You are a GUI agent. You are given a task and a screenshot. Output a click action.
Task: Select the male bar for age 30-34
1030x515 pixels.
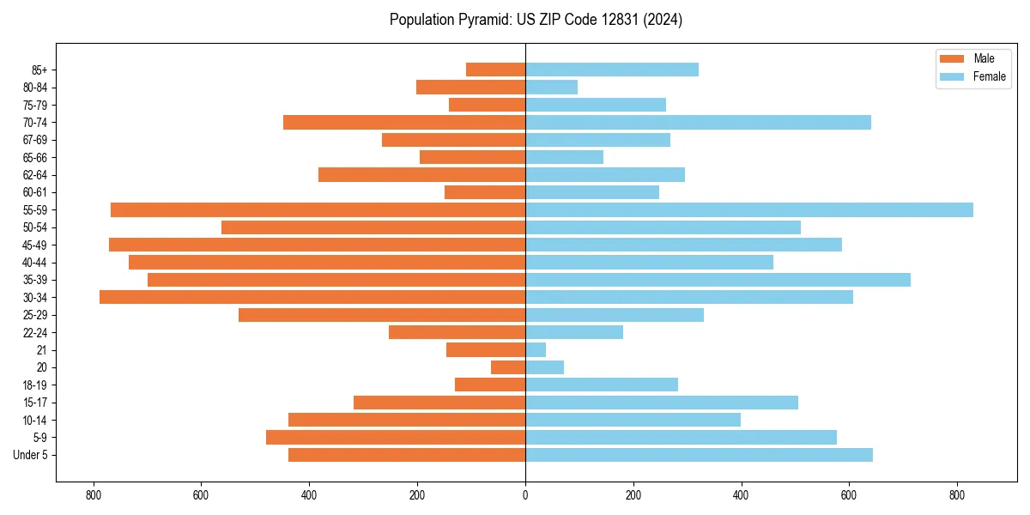pyautogui.click(x=312, y=297)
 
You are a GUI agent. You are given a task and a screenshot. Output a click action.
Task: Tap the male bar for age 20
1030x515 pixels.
pyautogui.click(x=508, y=367)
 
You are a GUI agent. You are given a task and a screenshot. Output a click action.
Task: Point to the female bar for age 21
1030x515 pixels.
pyautogui.click(x=536, y=349)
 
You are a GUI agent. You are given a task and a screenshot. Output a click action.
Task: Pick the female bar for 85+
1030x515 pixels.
pyautogui.click(x=611, y=70)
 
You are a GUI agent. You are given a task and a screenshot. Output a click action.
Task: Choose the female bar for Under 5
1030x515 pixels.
pyautogui.click(x=699, y=455)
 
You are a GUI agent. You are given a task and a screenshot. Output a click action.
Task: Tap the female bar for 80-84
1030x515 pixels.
pyautogui.click(x=551, y=87)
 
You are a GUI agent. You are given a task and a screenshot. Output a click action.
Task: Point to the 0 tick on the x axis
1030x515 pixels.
pyautogui.click(x=525, y=495)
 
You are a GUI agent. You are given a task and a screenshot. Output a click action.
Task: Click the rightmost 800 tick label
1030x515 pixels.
pyautogui.click(x=957, y=495)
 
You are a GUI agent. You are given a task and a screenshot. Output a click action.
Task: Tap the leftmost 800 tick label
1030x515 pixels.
pyautogui.click(x=93, y=495)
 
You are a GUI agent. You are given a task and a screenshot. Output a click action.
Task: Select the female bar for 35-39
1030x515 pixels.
pyautogui.click(x=718, y=280)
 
